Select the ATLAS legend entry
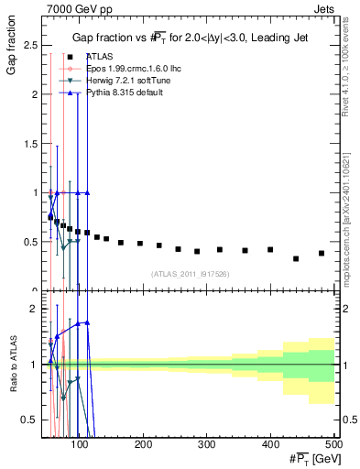[x=94, y=56]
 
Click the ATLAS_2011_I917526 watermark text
[x=190, y=273]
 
